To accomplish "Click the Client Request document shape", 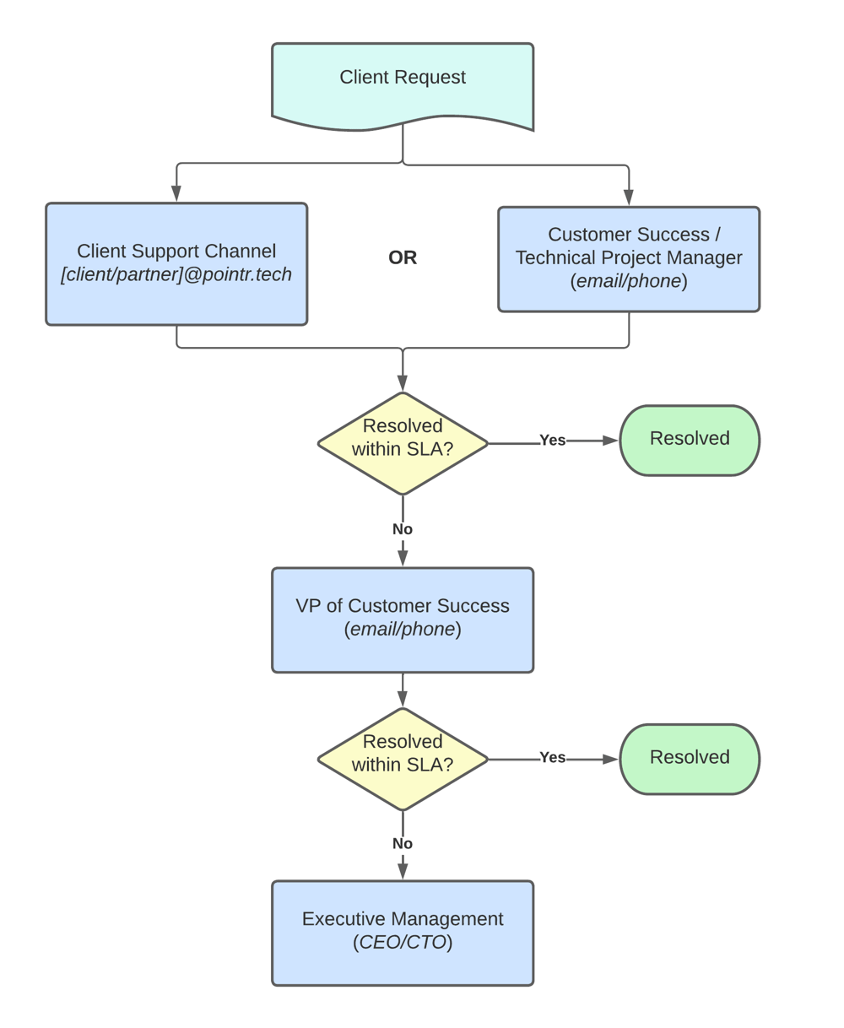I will point(403,84).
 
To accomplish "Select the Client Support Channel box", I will point(176,263).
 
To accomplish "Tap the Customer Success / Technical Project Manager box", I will point(629,259).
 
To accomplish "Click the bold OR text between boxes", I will point(403,257).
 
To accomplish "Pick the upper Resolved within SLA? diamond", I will point(403,442).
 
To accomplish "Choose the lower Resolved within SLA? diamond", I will point(403,758).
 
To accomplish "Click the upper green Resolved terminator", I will point(690,440).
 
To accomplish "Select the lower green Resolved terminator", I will point(690,758).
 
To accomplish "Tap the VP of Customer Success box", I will point(403,620).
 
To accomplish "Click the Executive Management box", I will point(403,933).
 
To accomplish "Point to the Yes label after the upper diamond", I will point(552,441).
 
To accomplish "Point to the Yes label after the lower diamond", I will point(552,758).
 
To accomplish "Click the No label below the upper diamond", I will point(403,529).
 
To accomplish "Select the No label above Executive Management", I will point(403,844).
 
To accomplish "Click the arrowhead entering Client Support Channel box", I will point(176,194).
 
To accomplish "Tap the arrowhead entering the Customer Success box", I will point(629,197).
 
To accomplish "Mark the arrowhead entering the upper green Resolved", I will point(610,441).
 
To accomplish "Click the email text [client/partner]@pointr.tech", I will point(176,275).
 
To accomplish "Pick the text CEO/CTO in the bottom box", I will point(403,943).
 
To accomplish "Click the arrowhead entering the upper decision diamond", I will point(403,383).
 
